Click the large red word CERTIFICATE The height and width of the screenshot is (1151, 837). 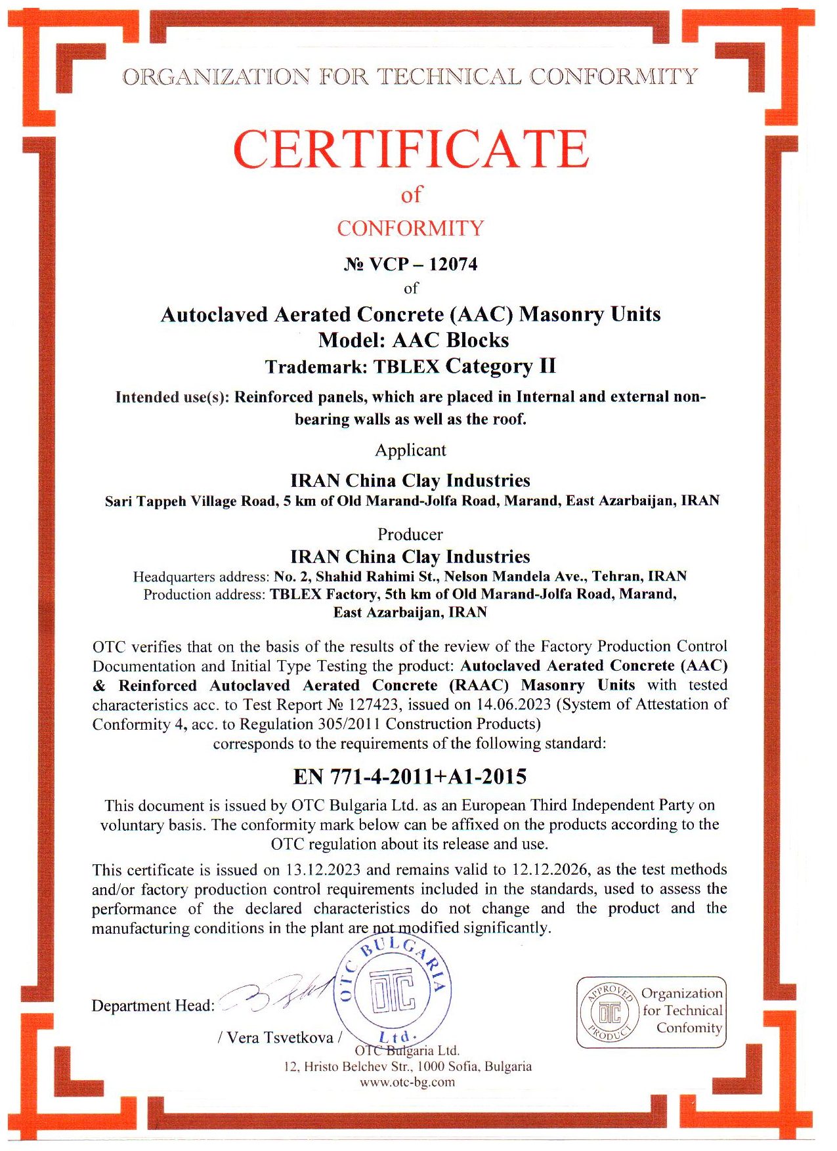click(411, 149)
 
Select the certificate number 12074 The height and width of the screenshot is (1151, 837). click(453, 264)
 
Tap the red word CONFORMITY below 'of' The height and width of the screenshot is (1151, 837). click(410, 228)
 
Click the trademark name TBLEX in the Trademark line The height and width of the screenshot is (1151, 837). click(406, 366)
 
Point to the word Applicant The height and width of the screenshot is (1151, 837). click(410, 450)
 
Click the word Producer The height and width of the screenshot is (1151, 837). click(410, 534)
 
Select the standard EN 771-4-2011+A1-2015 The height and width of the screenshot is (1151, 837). click(410, 777)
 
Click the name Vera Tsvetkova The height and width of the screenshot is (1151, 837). click(280, 1037)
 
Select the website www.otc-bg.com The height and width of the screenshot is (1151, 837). click(407, 1082)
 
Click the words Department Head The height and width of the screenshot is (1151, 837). click(153, 1006)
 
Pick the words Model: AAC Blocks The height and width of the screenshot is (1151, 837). click(414, 340)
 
